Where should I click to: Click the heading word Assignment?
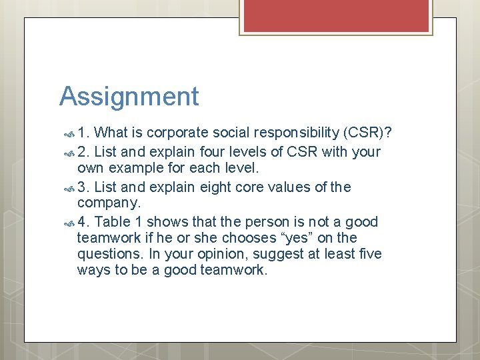pos(129,97)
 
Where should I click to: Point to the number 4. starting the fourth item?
pos(85,222)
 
